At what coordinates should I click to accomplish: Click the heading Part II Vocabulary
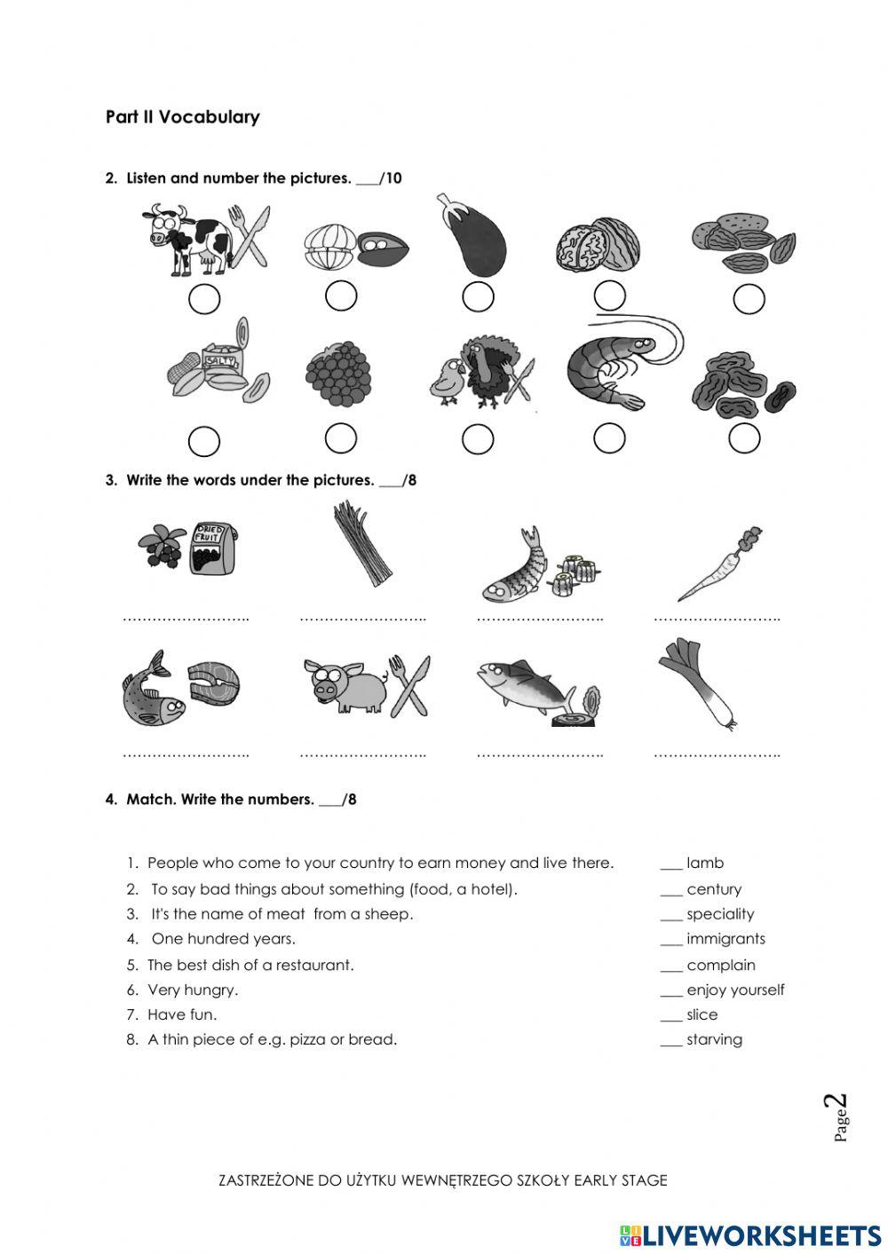click(182, 117)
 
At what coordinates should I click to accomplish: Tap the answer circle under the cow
click(204, 300)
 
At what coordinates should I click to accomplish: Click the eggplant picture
click(473, 237)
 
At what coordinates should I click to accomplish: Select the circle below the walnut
click(609, 296)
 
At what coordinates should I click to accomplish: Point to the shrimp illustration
click(622, 364)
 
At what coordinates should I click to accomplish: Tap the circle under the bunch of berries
click(341, 438)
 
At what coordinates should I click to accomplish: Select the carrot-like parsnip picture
click(719, 564)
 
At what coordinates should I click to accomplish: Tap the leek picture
click(698, 683)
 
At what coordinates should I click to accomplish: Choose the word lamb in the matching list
click(705, 863)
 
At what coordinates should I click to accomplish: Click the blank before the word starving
click(670, 1040)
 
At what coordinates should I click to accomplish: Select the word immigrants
click(725, 939)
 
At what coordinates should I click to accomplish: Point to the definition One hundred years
click(223, 939)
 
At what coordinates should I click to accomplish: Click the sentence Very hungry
click(193, 990)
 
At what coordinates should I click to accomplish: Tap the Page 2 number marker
click(839, 1117)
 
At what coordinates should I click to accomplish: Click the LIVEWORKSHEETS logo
click(750, 1234)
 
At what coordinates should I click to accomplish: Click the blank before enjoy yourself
click(670, 990)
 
